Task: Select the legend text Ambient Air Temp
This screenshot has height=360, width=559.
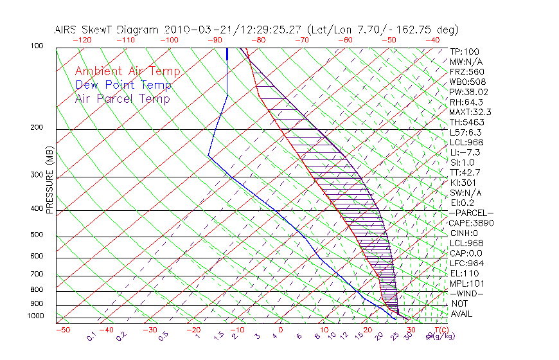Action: [x=127, y=71]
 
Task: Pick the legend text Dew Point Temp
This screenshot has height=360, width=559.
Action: [x=123, y=85]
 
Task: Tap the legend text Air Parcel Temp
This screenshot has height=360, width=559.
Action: [x=122, y=98]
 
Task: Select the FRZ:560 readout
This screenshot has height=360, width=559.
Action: [x=467, y=71]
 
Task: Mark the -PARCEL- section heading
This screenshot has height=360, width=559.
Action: [x=472, y=213]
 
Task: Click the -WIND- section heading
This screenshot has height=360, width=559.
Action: [x=467, y=294]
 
